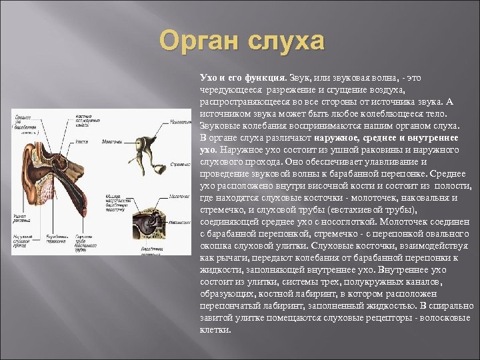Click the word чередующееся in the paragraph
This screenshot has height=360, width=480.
pos(230,89)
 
